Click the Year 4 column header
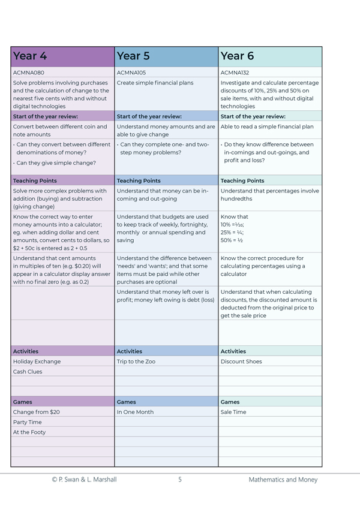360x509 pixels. (30, 56)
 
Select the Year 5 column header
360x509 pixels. (133, 56)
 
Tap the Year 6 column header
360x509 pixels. (237, 56)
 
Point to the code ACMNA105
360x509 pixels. (133, 73)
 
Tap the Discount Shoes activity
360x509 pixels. (241, 362)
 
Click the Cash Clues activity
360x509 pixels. (29, 372)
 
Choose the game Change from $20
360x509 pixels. (37, 412)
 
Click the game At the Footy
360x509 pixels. (29, 432)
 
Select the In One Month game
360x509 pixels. (135, 412)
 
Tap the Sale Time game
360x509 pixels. (233, 412)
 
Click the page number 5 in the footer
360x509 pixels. (179, 480)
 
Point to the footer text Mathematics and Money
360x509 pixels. (283, 480)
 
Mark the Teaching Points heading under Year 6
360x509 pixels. (242, 180)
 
